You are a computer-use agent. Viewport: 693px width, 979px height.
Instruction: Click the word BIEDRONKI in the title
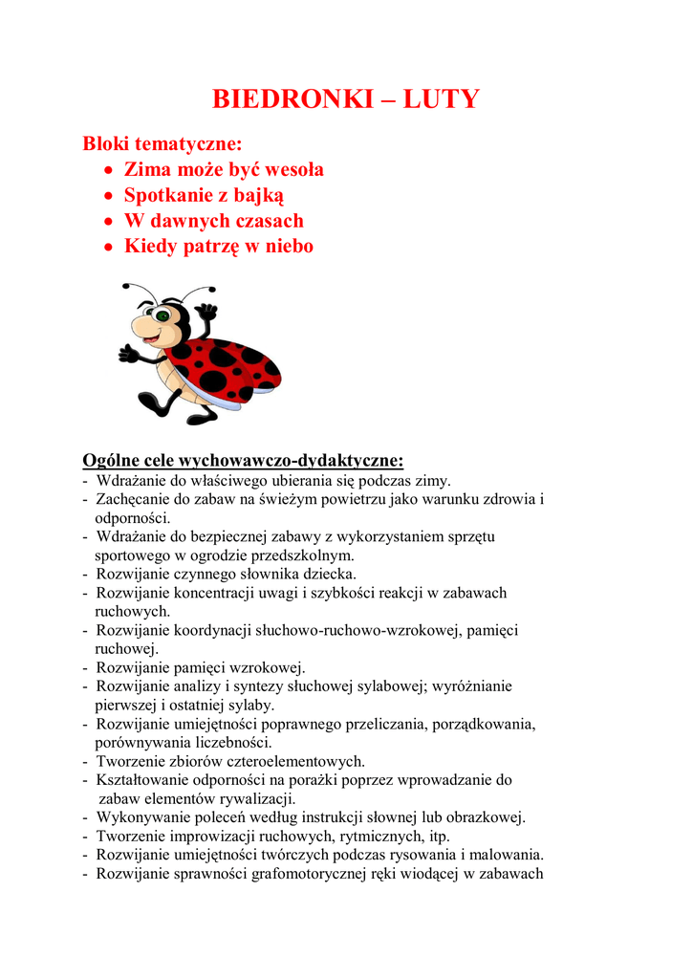(287, 99)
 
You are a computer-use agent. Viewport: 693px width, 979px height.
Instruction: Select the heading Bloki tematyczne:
(162, 144)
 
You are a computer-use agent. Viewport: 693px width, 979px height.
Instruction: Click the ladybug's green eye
(162, 315)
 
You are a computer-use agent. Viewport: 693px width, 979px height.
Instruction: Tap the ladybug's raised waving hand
(206, 313)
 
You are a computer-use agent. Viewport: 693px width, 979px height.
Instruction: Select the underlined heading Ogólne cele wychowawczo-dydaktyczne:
(243, 461)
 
